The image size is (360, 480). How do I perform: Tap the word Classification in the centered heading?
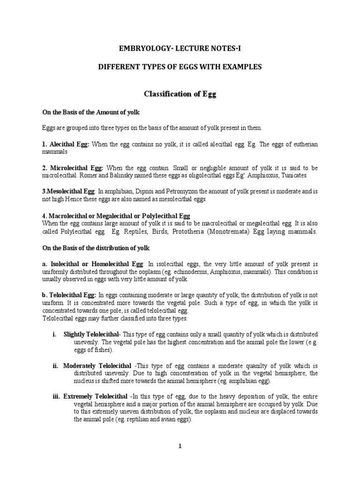click(x=165, y=94)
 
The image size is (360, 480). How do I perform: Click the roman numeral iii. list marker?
click(x=55, y=396)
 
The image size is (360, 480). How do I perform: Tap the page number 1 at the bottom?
click(x=180, y=446)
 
